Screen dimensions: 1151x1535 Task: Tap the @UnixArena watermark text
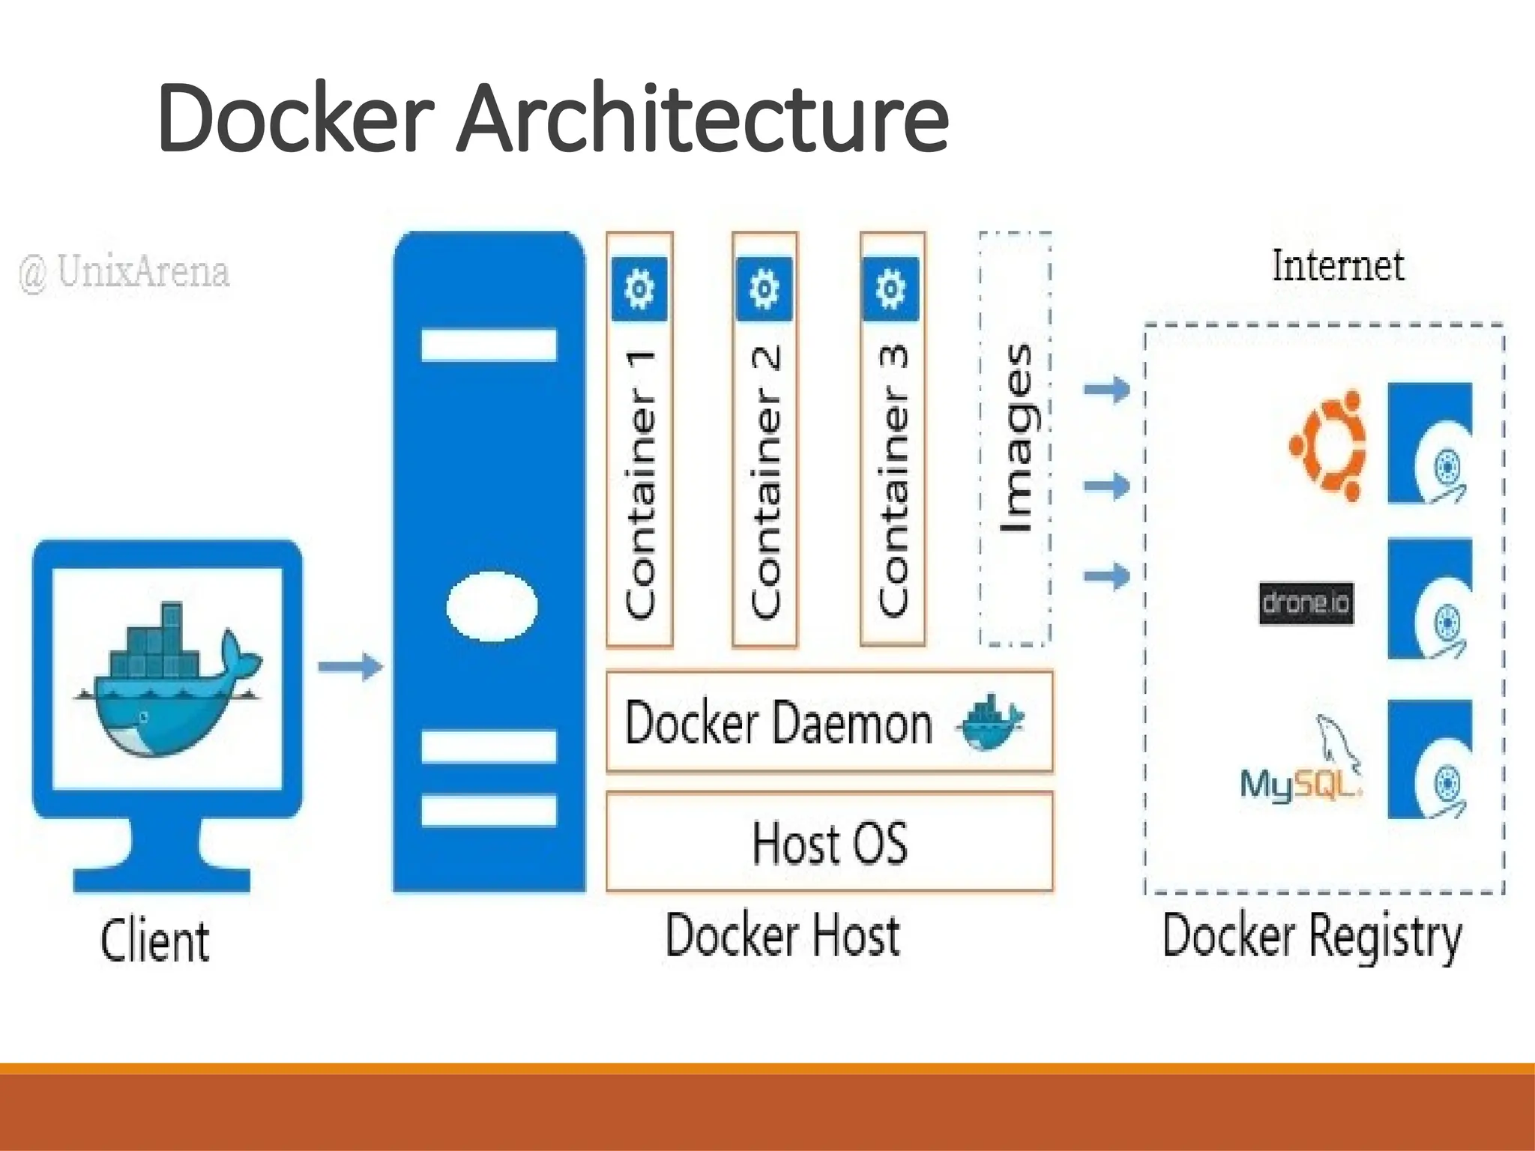coord(124,273)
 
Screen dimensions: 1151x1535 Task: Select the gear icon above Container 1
coord(639,288)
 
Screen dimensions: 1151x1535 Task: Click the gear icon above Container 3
coord(890,288)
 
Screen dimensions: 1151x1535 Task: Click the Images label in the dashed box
coord(1016,438)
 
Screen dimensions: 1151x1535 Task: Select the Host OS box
coord(829,842)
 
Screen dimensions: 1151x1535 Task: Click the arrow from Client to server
coord(350,666)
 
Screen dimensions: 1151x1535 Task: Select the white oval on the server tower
coord(492,606)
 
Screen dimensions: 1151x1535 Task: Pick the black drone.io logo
coord(1306,603)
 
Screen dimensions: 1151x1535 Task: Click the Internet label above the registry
coord(1338,267)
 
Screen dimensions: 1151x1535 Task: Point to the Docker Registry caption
coord(1312,937)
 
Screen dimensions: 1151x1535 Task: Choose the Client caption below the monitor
coord(154,941)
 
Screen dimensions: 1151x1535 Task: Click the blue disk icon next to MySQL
coord(1429,760)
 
